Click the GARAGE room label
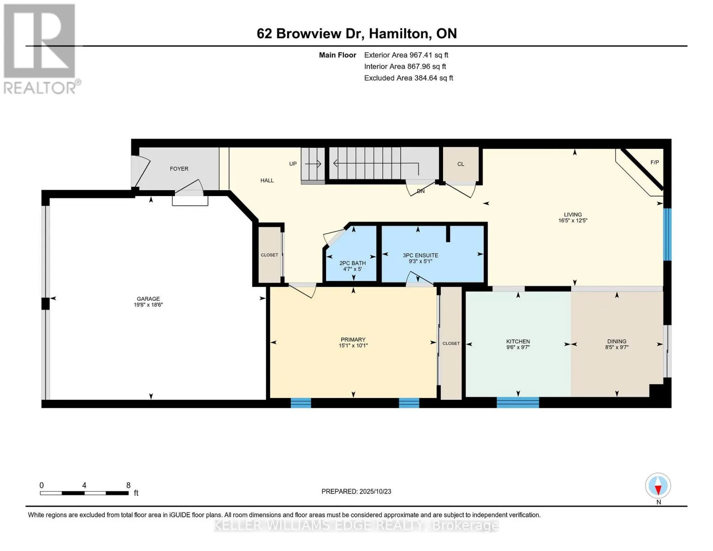148,299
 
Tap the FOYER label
179,169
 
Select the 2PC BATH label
353,264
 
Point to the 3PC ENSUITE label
420,256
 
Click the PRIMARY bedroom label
353,340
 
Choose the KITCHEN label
518,342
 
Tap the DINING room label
617,342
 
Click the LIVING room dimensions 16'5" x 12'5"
573,221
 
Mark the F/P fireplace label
655,163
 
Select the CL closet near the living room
460,164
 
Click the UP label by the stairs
293,164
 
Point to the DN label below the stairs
421,191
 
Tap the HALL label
267,181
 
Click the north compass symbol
658,486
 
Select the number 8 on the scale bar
129,485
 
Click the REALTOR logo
40,49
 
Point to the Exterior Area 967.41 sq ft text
406,55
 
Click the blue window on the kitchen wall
517,403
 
